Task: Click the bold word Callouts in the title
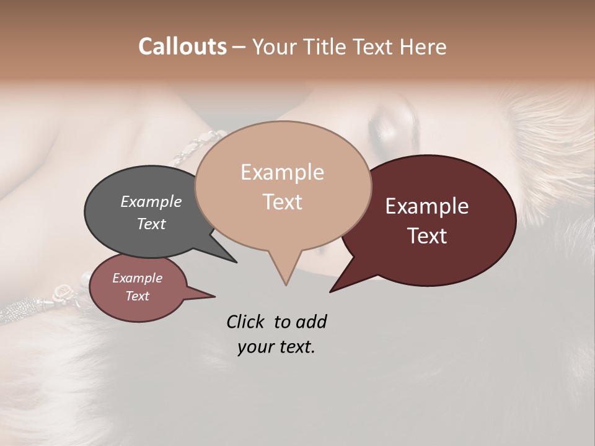tap(182, 46)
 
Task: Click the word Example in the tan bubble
tap(282, 172)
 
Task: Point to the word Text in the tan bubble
tap(282, 202)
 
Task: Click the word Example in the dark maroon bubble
tap(427, 206)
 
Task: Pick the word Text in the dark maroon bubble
tap(427, 236)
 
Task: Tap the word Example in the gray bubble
tap(151, 201)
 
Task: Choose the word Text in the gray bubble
tap(151, 224)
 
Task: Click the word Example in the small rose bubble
tap(137, 278)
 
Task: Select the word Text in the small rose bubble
tap(137, 296)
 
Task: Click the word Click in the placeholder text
tap(247, 321)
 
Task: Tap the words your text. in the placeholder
tap(276, 347)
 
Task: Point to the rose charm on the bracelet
tap(64, 290)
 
